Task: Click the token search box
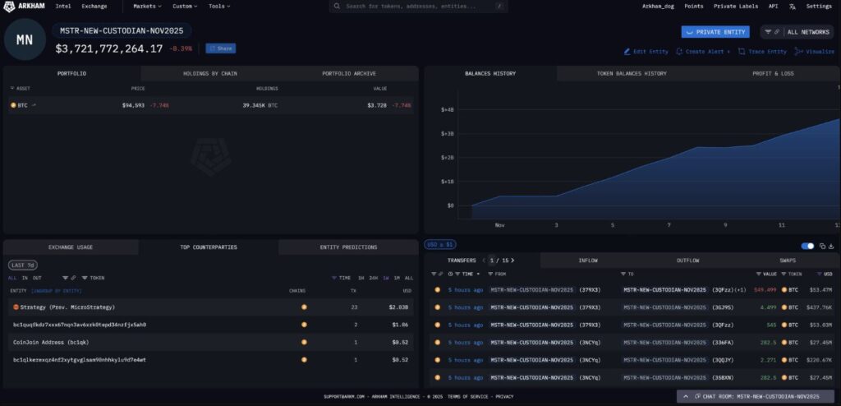(418, 6)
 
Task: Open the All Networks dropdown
(797, 32)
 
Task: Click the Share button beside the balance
(221, 48)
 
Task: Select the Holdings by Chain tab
(209, 73)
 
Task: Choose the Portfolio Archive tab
(348, 73)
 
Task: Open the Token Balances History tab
(631, 73)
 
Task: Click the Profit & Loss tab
(772, 73)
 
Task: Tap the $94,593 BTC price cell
(133, 105)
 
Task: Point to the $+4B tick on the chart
(448, 109)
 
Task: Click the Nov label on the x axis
(499, 224)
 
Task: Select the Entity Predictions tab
(348, 247)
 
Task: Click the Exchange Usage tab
(71, 247)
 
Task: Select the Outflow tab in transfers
(687, 261)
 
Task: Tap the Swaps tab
(788, 261)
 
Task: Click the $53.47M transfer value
(820, 289)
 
